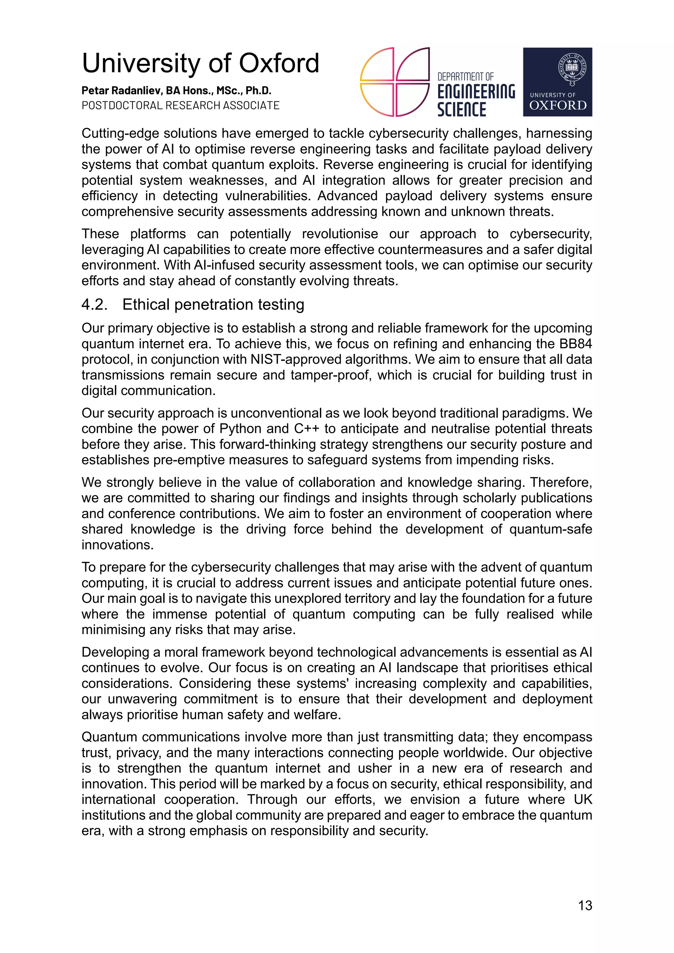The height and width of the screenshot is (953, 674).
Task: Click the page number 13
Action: click(585, 905)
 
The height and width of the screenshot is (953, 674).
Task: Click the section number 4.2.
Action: click(94, 305)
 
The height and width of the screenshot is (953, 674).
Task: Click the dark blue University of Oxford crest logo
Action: click(557, 82)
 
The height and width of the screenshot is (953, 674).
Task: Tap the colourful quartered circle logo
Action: click(395, 82)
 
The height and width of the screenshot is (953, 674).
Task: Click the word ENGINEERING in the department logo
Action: click(476, 92)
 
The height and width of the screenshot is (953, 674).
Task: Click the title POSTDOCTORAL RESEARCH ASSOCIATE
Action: click(181, 105)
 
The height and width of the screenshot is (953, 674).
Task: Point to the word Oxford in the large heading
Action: click(279, 63)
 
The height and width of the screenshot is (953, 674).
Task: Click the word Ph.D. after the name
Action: click(258, 90)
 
